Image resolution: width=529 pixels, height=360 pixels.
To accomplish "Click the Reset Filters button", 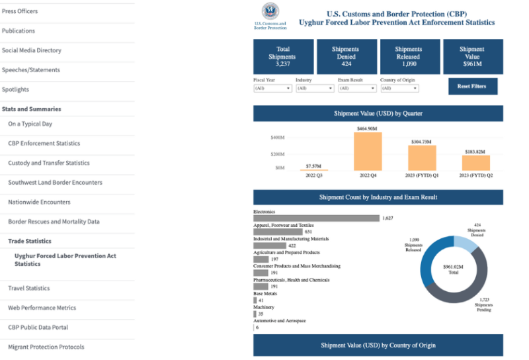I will point(471,86).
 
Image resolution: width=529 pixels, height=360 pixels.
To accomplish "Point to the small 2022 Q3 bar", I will point(313,170).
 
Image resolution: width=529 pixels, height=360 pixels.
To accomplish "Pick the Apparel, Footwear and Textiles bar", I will point(277,232).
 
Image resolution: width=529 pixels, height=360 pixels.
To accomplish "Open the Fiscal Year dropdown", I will point(272,88).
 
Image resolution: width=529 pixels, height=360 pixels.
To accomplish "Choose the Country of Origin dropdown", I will point(399,88).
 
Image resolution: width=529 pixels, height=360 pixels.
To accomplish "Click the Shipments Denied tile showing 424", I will point(346,57).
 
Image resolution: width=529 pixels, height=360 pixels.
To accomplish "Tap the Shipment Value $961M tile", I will point(471,57).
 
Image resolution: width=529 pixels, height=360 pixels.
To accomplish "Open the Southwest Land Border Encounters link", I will point(55,183).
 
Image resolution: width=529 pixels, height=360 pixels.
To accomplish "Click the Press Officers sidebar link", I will point(20,11).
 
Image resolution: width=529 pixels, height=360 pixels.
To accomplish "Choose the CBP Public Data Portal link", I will point(38,327).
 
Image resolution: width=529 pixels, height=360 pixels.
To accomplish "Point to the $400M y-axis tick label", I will point(277,138).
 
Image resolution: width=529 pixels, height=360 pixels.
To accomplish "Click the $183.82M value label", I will point(475,152).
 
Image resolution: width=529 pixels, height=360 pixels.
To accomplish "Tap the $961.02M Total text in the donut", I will point(454,269).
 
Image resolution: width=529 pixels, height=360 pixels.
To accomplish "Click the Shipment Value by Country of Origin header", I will point(378,345).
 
